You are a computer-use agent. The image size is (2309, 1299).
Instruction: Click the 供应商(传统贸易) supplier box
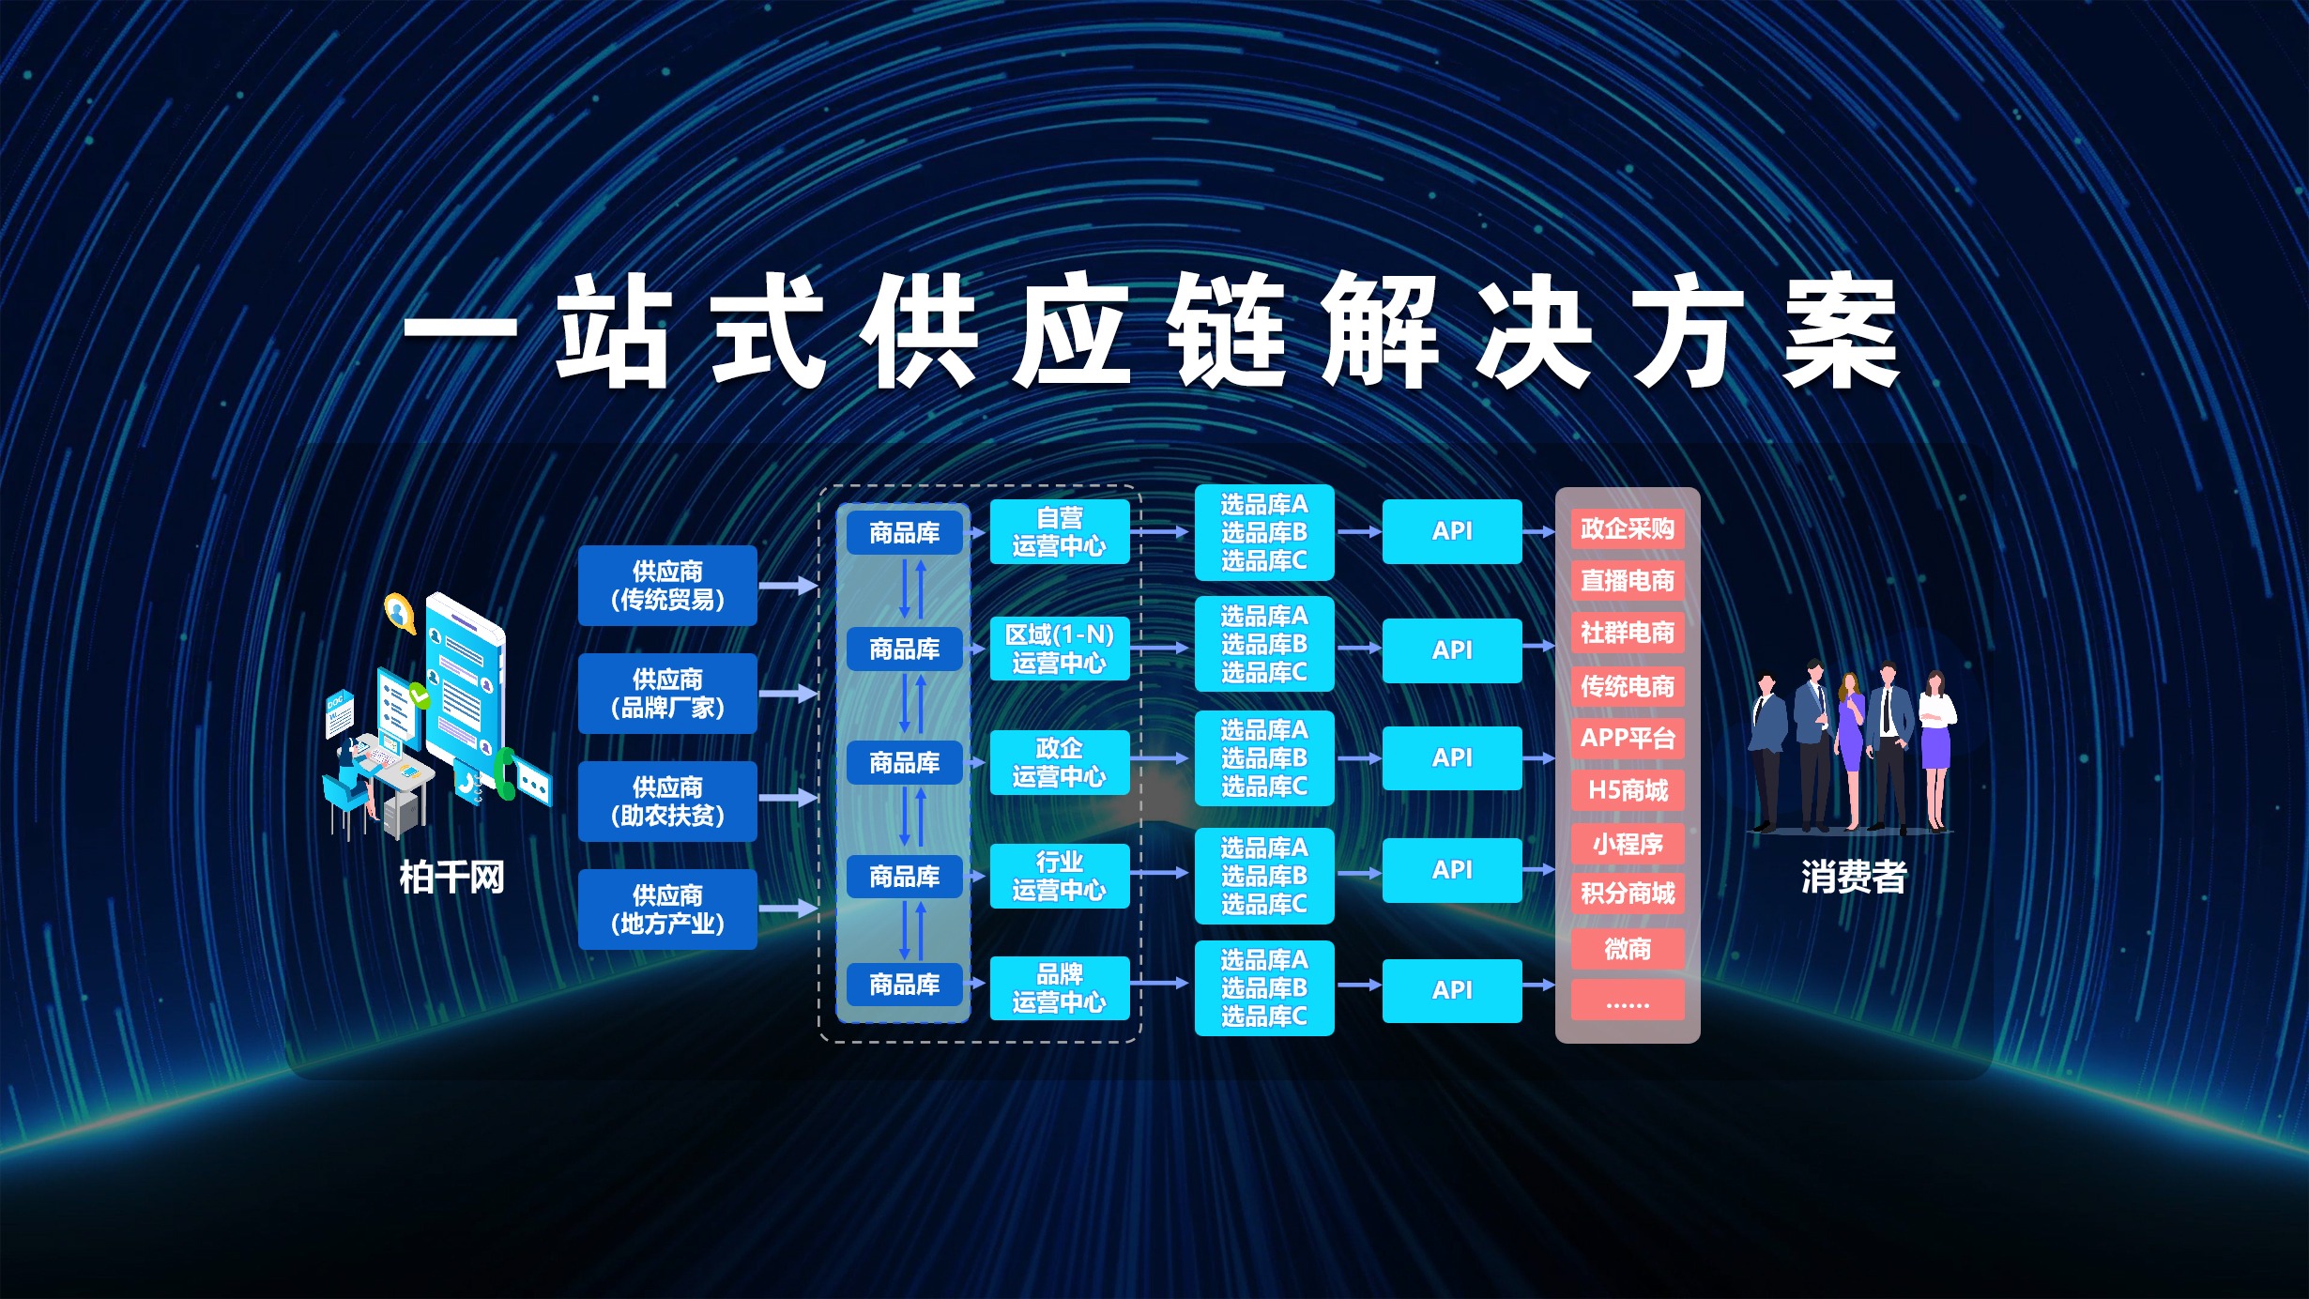click(667, 586)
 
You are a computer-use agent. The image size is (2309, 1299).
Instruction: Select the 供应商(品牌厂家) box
click(667, 694)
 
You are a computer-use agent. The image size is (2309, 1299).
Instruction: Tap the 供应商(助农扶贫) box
click(667, 802)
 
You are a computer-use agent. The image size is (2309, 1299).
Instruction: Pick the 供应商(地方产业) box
click(667, 909)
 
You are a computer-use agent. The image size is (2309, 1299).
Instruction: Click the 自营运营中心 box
click(1060, 531)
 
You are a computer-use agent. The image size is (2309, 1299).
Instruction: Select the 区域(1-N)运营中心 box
click(1060, 649)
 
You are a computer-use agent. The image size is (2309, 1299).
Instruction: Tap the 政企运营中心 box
click(1060, 762)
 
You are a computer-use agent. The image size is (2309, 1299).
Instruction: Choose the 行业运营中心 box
click(1060, 876)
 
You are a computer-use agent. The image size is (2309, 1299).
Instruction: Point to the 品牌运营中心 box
click(1060, 988)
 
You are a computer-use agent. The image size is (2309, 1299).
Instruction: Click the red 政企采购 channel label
click(1628, 528)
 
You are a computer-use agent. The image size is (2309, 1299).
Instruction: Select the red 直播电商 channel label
click(1628, 581)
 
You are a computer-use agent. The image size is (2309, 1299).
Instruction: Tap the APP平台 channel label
click(1628, 739)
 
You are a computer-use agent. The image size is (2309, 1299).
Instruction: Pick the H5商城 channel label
click(1628, 790)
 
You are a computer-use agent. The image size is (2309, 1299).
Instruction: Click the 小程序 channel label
click(1628, 844)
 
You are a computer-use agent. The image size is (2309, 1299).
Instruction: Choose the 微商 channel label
click(1628, 949)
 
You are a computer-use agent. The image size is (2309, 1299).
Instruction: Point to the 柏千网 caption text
click(452, 878)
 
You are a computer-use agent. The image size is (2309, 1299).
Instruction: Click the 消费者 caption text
click(1854, 878)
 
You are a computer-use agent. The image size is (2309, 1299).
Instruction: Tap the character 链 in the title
click(1226, 330)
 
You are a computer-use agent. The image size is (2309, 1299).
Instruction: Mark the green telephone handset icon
click(504, 773)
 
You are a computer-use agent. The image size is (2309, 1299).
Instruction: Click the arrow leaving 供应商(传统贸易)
click(788, 586)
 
